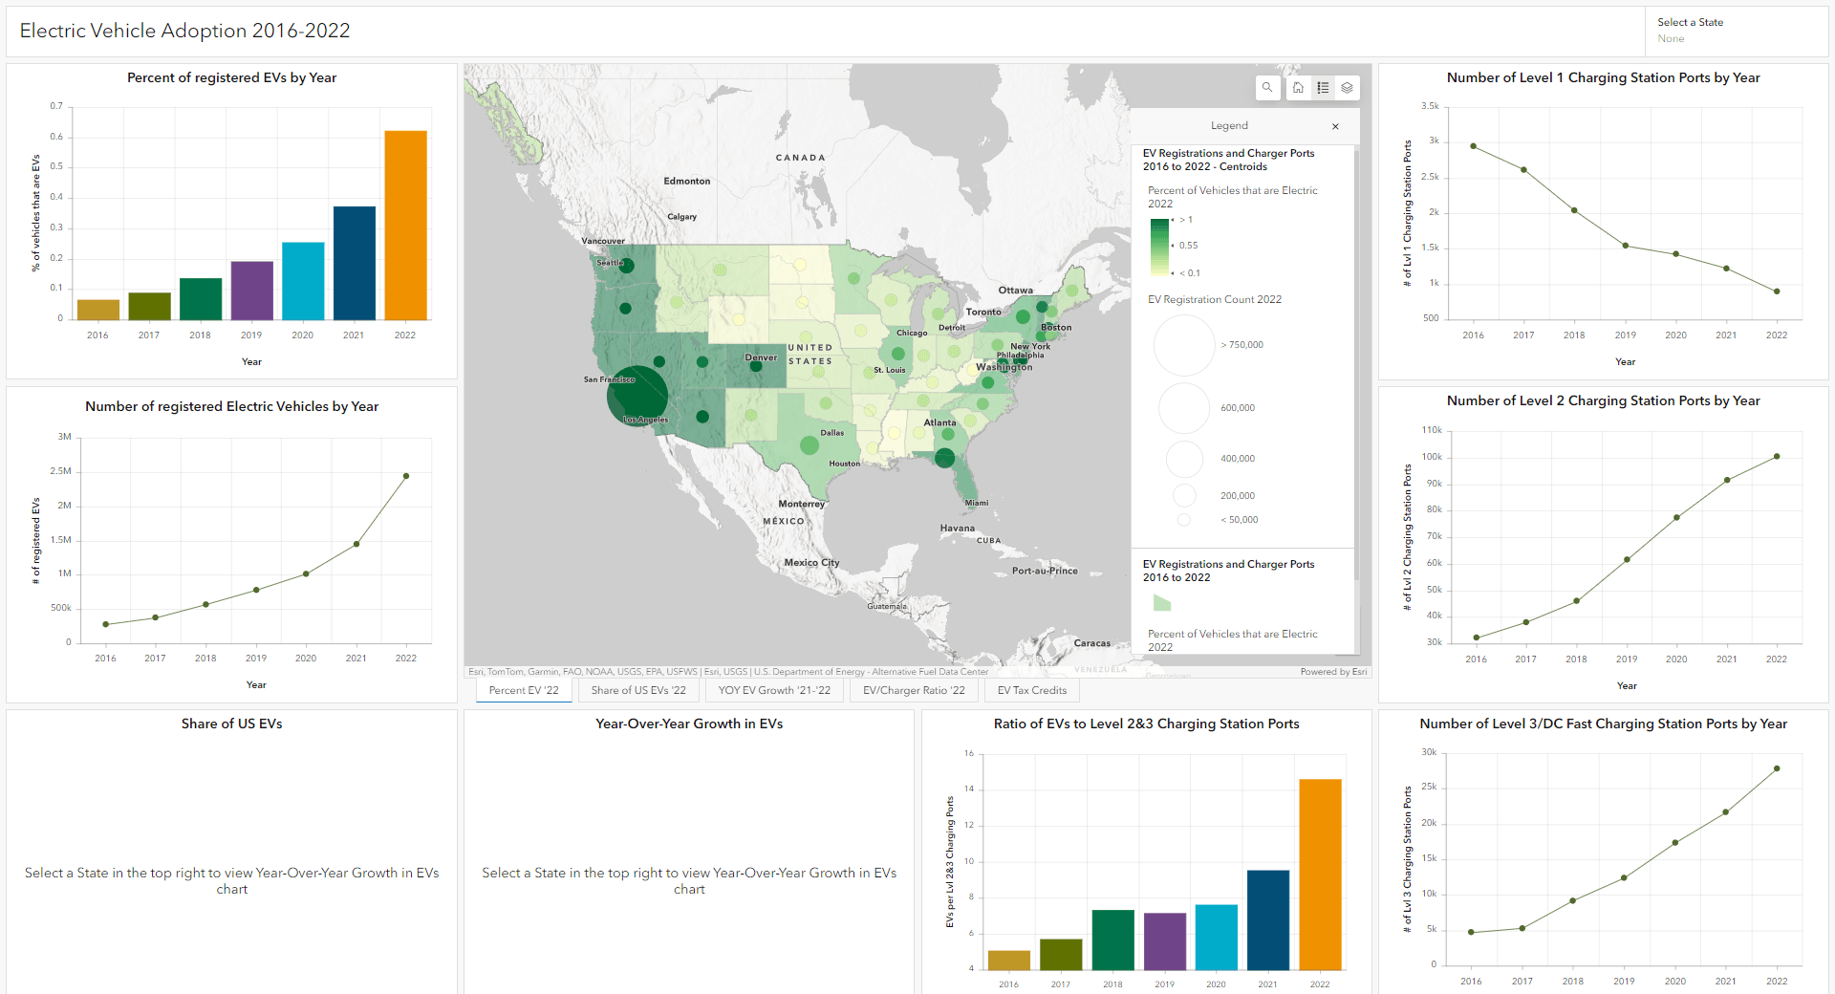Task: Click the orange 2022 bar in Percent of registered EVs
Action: pos(405,225)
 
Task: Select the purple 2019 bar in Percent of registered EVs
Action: pos(251,291)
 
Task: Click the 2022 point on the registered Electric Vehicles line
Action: pos(406,476)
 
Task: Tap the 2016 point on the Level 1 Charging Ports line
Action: pos(1474,146)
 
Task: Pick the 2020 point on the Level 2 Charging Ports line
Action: pos(1676,518)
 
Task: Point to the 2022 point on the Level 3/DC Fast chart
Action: pos(1777,768)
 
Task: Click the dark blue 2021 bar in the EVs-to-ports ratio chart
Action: pos(1267,919)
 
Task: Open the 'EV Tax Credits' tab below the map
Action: pos(1031,690)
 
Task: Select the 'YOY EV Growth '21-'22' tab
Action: pos(774,690)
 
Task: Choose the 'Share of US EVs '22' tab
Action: pos(638,690)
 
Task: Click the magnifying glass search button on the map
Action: pos(1267,88)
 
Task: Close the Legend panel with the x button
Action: pos(1335,126)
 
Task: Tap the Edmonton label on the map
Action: pos(687,181)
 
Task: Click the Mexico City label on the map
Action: pos(811,563)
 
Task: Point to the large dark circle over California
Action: pos(637,395)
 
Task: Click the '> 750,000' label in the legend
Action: pos(1241,345)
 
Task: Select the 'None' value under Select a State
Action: pos(1671,39)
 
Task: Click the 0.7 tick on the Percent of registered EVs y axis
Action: pos(57,106)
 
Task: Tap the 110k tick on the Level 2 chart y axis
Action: pos(1431,430)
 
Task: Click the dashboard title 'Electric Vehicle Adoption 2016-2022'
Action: pos(184,31)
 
